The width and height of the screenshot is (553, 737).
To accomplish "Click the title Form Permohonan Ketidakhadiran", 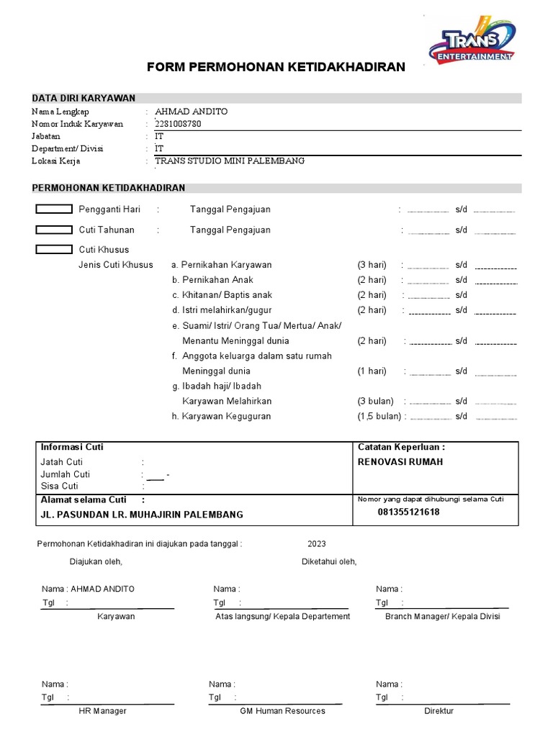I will (x=276, y=68).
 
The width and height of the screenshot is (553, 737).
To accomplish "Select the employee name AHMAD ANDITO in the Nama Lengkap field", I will (x=191, y=112).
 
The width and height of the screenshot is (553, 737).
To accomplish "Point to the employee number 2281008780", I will (x=179, y=124).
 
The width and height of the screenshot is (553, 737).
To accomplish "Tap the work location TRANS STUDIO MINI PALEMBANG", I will (x=230, y=160).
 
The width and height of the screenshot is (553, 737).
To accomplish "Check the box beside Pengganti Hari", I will (x=54, y=209).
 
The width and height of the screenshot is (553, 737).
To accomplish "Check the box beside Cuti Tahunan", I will (x=54, y=230).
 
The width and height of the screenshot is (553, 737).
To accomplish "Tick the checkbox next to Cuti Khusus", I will (x=54, y=250).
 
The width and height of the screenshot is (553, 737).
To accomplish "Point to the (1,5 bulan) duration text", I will (x=379, y=416).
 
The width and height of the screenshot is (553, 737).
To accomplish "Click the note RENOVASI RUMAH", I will (x=400, y=462).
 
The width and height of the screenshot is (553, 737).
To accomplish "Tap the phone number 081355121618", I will (x=408, y=512).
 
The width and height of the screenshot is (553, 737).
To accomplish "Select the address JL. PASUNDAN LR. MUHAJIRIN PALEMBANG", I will (x=142, y=515).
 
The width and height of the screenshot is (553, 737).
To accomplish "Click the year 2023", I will (x=317, y=544).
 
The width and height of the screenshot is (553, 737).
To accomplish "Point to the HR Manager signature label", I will (x=102, y=711).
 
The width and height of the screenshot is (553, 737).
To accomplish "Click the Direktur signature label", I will (x=439, y=711).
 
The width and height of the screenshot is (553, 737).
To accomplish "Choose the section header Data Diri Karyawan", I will (x=83, y=99).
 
